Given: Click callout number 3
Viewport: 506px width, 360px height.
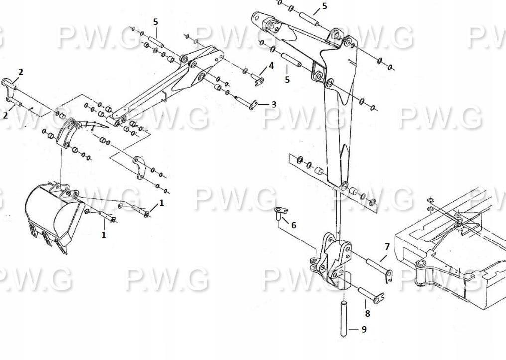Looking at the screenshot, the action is point(274,104).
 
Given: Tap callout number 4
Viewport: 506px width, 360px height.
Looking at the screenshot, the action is point(271,65).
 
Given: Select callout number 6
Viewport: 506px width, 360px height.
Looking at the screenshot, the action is point(294,225).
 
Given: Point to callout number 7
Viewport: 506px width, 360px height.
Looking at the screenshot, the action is point(387,247).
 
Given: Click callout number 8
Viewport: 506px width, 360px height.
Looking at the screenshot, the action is point(367,313).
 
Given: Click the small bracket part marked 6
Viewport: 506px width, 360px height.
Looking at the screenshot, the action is point(280,212).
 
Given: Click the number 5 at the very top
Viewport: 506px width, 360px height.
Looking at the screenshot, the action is point(325,6).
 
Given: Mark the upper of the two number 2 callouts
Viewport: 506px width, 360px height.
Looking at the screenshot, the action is point(21,72).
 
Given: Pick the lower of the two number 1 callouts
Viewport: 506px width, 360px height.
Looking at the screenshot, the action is point(104,235).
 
